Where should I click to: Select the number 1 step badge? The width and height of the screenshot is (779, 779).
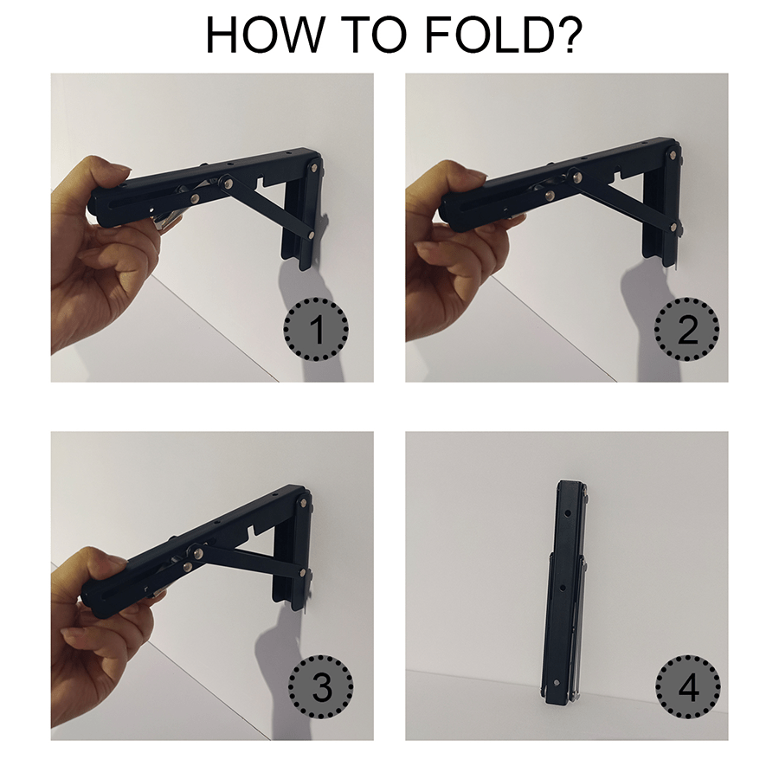[x=317, y=329]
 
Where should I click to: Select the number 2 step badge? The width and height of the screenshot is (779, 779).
[x=687, y=329]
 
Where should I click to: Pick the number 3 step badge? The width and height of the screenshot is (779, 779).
[x=321, y=688]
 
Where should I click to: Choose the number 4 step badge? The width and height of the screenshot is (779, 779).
[x=687, y=688]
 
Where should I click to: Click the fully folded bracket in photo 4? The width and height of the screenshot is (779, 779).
[x=566, y=589]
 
